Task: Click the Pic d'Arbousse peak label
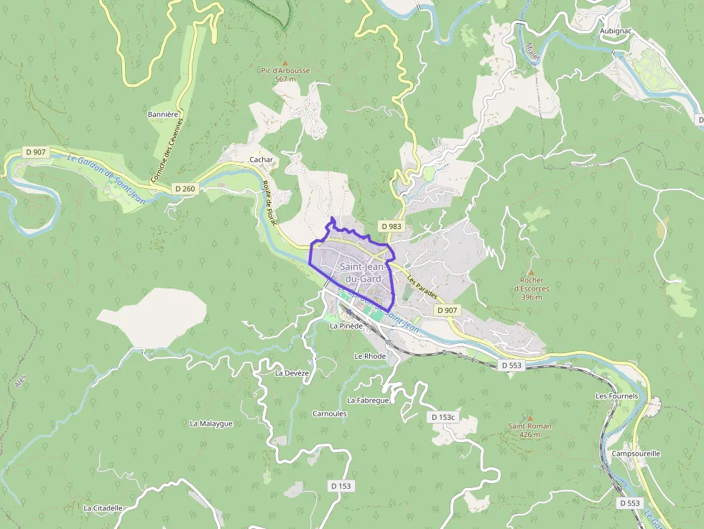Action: (x=285, y=75)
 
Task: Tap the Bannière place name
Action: (x=162, y=114)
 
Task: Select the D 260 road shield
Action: (x=185, y=189)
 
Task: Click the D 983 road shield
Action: (x=392, y=226)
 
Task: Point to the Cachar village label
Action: (x=261, y=159)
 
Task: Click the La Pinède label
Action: (x=346, y=325)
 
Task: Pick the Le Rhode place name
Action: (x=370, y=356)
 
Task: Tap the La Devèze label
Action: (x=292, y=373)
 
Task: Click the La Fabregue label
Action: (x=368, y=400)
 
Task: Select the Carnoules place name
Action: (x=330, y=413)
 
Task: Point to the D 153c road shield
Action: (x=443, y=417)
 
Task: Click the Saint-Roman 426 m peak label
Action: (x=530, y=430)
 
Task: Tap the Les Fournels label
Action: (x=616, y=395)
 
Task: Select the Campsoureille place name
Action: (x=636, y=454)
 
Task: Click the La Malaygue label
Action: (x=211, y=423)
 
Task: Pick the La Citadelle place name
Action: (x=103, y=508)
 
